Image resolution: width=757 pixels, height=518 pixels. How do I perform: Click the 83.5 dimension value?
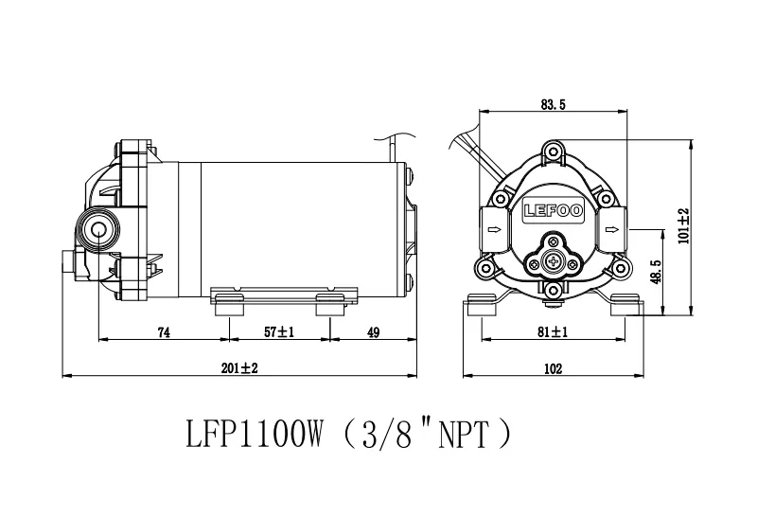pyautogui.click(x=553, y=104)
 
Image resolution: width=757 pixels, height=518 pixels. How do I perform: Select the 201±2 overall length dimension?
pyautogui.click(x=239, y=368)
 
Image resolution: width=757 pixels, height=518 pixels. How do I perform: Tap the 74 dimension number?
pyautogui.click(x=164, y=332)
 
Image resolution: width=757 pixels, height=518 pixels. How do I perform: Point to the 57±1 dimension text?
pyautogui.click(x=278, y=332)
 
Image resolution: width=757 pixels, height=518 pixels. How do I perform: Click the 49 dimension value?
pyautogui.click(x=373, y=332)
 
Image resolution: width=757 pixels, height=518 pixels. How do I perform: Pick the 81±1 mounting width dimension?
pyautogui.click(x=553, y=332)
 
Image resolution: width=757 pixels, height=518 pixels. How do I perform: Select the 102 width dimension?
pyautogui.click(x=554, y=368)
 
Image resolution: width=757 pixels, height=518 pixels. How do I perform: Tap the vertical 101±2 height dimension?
pyautogui.click(x=684, y=226)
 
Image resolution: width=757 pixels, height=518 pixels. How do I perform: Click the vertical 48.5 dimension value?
pyautogui.click(x=656, y=272)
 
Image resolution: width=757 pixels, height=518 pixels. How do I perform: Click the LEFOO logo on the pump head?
pyautogui.click(x=554, y=210)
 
